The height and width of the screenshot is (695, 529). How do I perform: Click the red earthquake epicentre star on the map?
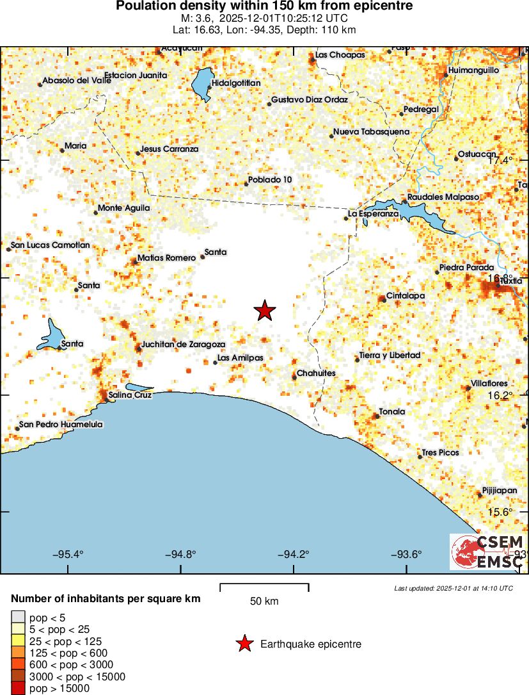tap(265, 311)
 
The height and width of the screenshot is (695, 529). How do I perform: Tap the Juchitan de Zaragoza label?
tap(183, 345)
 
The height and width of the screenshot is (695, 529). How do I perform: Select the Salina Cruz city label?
tap(130, 395)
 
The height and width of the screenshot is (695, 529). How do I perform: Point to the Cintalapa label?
tap(406, 296)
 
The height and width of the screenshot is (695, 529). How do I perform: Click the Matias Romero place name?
tap(166, 258)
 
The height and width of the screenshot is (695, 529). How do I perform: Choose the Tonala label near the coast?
tap(392, 411)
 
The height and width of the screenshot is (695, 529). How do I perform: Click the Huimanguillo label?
tap(474, 69)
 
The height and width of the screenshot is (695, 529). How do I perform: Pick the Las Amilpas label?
tap(241, 358)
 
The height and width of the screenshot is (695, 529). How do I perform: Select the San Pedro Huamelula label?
tap(61, 424)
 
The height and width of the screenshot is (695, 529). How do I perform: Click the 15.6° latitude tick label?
tap(501, 512)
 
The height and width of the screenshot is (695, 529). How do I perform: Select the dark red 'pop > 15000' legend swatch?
tap(18, 689)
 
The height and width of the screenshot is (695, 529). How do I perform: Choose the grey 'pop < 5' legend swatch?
tap(18, 617)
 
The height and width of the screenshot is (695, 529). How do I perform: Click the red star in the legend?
tap(244, 644)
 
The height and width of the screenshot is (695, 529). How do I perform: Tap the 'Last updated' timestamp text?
tap(454, 588)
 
